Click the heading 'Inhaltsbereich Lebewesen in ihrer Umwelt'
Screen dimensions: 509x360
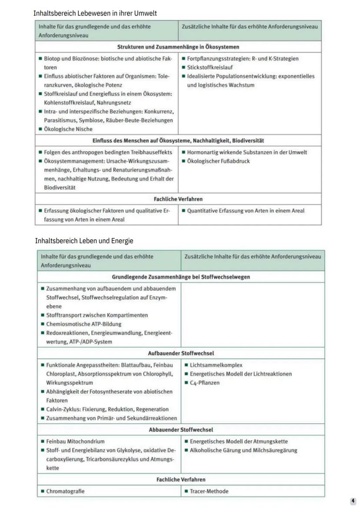(x=95, y=13)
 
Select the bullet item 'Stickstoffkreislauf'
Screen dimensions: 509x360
(x=210, y=67)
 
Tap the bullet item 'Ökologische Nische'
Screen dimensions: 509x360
(x=68, y=129)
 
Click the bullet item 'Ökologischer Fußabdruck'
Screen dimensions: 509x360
(x=218, y=161)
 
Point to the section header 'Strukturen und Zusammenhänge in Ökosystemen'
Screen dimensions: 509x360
(x=178, y=47)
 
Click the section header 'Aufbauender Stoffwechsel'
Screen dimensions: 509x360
(x=181, y=353)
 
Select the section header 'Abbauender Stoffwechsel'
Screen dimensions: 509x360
(x=181, y=430)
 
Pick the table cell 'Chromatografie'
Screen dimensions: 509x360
(x=65, y=491)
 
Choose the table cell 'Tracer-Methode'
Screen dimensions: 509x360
(x=209, y=491)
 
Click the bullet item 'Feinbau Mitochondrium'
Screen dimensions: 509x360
(x=75, y=441)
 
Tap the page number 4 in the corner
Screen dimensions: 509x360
(x=353, y=501)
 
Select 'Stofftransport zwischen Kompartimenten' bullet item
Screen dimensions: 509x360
(x=97, y=315)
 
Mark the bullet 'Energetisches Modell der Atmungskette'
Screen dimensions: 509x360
(x=239, y=441)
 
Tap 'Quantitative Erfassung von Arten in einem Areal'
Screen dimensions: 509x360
(x=246, y=211)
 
